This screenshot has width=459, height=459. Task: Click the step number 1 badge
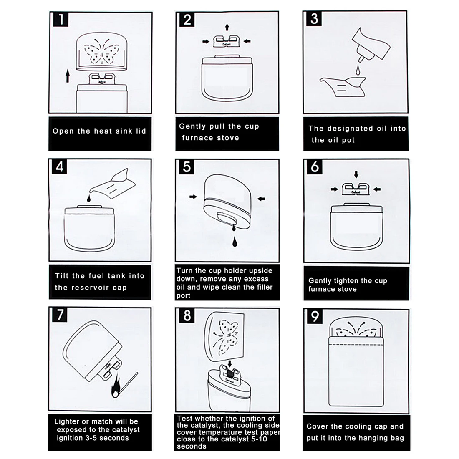tap(61, 19)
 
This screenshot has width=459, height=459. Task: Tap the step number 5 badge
tap(187, 167)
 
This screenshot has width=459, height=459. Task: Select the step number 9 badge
tap(314, 316)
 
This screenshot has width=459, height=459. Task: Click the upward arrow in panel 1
tap(68, 76)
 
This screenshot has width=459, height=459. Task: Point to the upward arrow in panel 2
tap(227, 28)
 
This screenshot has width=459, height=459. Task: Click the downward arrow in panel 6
tap(356, 175)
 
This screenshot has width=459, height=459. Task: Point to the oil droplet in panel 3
tap(358, 70)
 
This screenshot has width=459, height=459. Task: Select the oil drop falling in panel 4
tap(89, 199)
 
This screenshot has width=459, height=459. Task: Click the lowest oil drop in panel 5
tap(235, 242)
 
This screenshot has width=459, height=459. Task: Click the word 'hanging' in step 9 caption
tap(372, 438)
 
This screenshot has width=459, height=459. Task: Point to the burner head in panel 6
tap(356, 189)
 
